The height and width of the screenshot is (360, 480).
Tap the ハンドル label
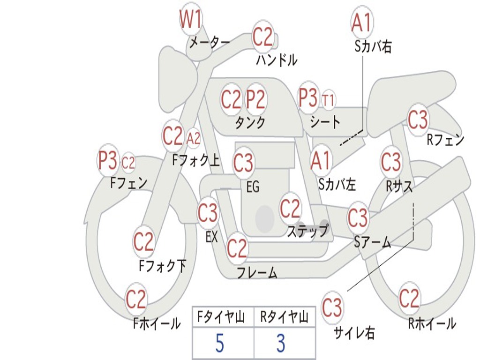(277, 60)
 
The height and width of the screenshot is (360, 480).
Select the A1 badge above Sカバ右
(361, 22)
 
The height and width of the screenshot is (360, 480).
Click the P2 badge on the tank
(256, 99)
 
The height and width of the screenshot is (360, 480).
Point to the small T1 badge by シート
(328, 100)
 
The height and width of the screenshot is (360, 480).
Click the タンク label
(250, 123)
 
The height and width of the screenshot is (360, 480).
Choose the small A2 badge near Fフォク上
(193, 138)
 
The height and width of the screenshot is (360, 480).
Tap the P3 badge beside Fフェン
(107, 161)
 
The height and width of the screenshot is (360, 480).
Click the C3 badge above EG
(243, 163)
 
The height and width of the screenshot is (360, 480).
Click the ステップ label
(307, 231)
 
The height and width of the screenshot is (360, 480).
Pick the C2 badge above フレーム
(237, 248)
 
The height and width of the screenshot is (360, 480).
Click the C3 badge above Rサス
(391, 162)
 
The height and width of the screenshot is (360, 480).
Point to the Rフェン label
(445, 140)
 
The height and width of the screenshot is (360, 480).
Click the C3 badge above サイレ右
(332, 308)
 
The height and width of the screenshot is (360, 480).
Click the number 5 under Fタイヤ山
(219, 344)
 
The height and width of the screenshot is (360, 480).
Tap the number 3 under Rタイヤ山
(281, 344)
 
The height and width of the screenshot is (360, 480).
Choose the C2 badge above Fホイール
(136, 299)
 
